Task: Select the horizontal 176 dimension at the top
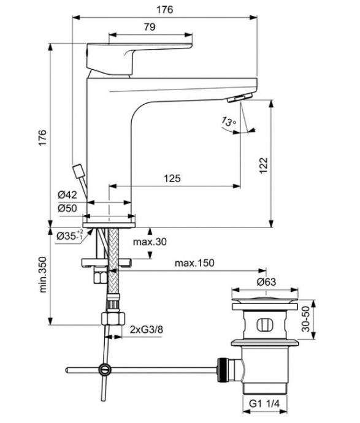pos(164,10)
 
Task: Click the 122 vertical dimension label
pos(262,164)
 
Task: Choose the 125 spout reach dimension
pos(172,178)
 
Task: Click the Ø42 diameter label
pos(67,194)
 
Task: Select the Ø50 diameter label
pos(67,208)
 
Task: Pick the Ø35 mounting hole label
pos(69,235)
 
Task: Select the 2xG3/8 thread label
pos(146,330)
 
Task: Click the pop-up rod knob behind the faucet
pos(78,170)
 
